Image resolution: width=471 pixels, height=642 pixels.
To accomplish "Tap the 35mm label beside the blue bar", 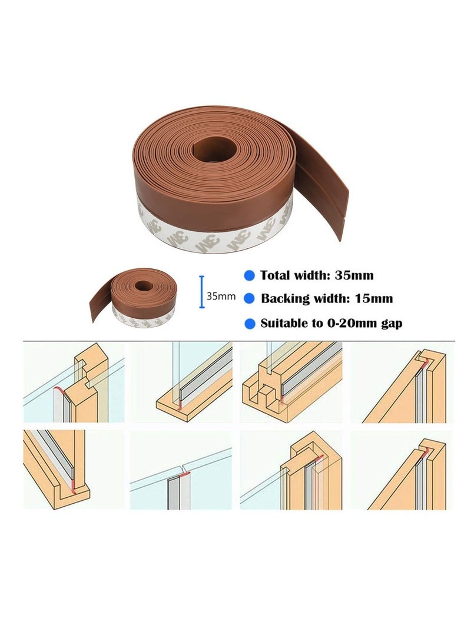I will [221, 297].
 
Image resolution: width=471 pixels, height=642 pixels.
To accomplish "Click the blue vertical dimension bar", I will [201, 292].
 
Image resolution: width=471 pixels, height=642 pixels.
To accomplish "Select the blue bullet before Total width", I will [250, 275].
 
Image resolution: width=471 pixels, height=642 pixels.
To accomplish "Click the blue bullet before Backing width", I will [250, 299].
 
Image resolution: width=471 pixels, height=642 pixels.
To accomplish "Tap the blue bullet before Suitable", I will [250, 323].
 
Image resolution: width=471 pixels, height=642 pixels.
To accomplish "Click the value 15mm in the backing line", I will [373, 299].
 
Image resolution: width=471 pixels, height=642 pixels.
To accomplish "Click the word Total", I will [278, 275].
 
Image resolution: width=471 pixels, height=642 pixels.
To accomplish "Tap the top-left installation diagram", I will [74, 382].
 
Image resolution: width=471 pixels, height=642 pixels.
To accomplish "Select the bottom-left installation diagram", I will [74, 470].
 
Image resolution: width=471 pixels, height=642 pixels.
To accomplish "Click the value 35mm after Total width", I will [354, 275].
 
